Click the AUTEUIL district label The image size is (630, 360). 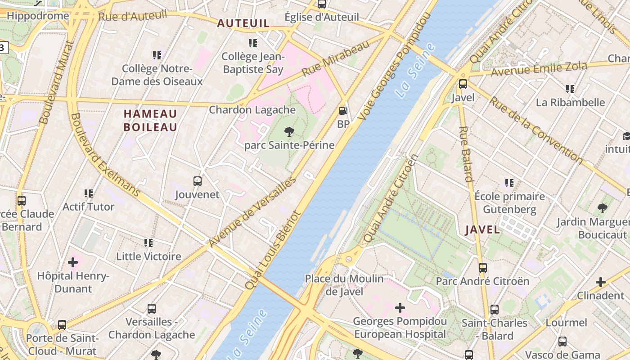pos(243,23)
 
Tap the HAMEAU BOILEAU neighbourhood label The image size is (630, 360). pos(150,120)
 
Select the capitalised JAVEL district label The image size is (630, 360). pos(482,229)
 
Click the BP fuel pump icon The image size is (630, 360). pos(343,110)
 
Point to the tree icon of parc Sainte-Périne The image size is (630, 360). pos(289,132)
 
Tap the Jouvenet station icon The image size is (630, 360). pos(197,181)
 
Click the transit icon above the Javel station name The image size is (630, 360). pos(463,84)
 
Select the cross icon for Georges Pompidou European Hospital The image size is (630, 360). pos(400,308)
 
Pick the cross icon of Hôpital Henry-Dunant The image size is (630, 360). pos(73,262)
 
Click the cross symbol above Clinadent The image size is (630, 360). pos(600,282)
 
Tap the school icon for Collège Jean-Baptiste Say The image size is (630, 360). pos(253,43)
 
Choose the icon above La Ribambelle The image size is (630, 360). pos(570,89)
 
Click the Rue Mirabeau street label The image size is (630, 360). pos(335,58)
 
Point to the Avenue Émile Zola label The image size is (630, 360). pos(539,69)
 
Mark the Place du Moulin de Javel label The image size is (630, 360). pos(344,285)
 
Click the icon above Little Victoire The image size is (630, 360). pos(148,243)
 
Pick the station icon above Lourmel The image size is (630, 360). pos(562,341)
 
